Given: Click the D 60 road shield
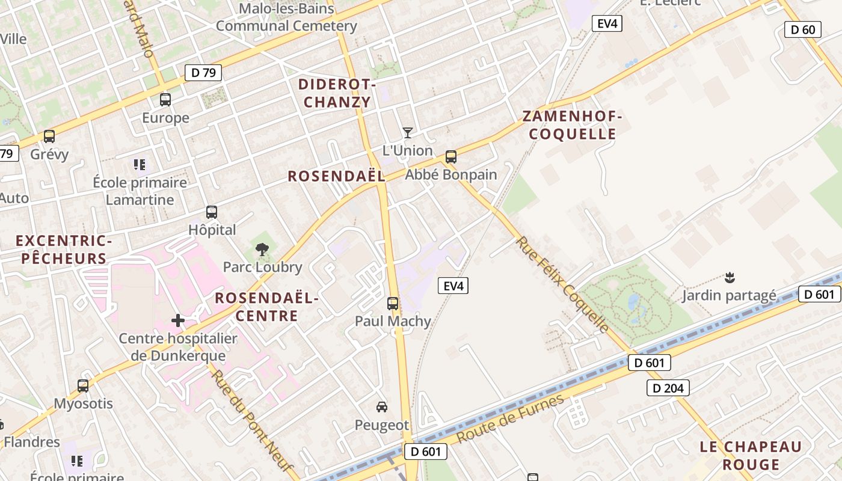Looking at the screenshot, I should pyautogui.click(x=803, y=29).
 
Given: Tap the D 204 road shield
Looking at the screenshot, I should pyautogui.click(x=668, y=388).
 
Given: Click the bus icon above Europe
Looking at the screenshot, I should pyautogui.click(x=165, y=100).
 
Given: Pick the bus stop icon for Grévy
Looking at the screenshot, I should pyautogui.click(x=49, y=136).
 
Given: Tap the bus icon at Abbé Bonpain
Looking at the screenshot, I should pyautogui.click(x=451, y=157).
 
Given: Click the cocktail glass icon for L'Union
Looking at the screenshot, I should pyautogui.click(x=408, y=133).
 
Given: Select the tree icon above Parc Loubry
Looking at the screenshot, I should pyautogui.click(x=262, y=249).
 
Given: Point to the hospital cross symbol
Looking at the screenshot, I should pyautogui.click(x=178, y=320).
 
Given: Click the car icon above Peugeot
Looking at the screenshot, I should pyautogui.click(x=382, y=407).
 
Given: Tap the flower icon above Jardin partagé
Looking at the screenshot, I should pyautogui.click(x=730, y=278).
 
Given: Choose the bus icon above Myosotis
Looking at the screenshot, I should pyautogui.click(x=83, y=386).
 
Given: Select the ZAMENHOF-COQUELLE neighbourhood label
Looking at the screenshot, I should pyautogui.click(x=573, y=125).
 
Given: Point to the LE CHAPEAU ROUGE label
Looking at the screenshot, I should pyautogui.click(x=751, y=455).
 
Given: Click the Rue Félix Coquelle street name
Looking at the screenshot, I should pyautogui.click(x=562, y=285).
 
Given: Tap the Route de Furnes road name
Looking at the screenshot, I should pyautogui.click(x=511, y=418).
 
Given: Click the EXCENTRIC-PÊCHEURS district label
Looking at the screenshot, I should pyautogui.click(x=64, y=250).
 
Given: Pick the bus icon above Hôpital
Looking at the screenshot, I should pyautogui.click(x=212, y=212).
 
